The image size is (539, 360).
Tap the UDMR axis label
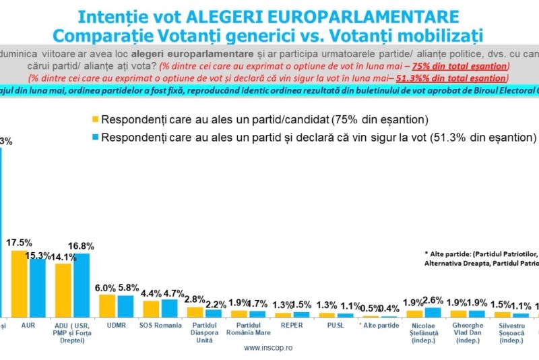pyautogui.click(x=116, y=325)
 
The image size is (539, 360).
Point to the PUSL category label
pyautogui.click(x=336, y=325)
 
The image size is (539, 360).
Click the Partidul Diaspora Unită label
pyautogui.click(x=203, y=332)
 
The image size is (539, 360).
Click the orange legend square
pyautogui.click(x=95, y=120)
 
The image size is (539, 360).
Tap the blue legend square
pyautogui.click(x=95, y=137)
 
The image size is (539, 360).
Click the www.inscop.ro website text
pyautogui.click(x=267, y=349)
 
